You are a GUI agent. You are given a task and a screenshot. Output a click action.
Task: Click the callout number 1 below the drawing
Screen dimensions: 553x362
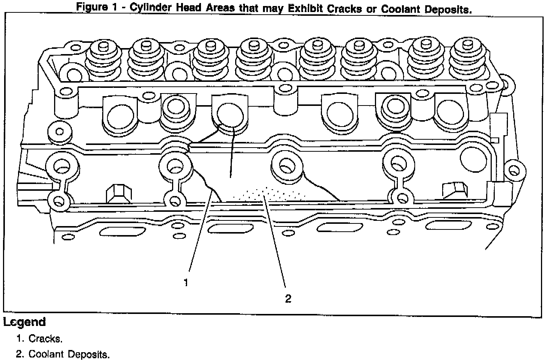coord(186,282)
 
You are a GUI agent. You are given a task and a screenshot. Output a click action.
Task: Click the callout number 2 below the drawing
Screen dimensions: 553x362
coord(288,299)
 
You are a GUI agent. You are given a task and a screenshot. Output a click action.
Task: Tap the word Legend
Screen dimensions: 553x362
coord(25,322)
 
